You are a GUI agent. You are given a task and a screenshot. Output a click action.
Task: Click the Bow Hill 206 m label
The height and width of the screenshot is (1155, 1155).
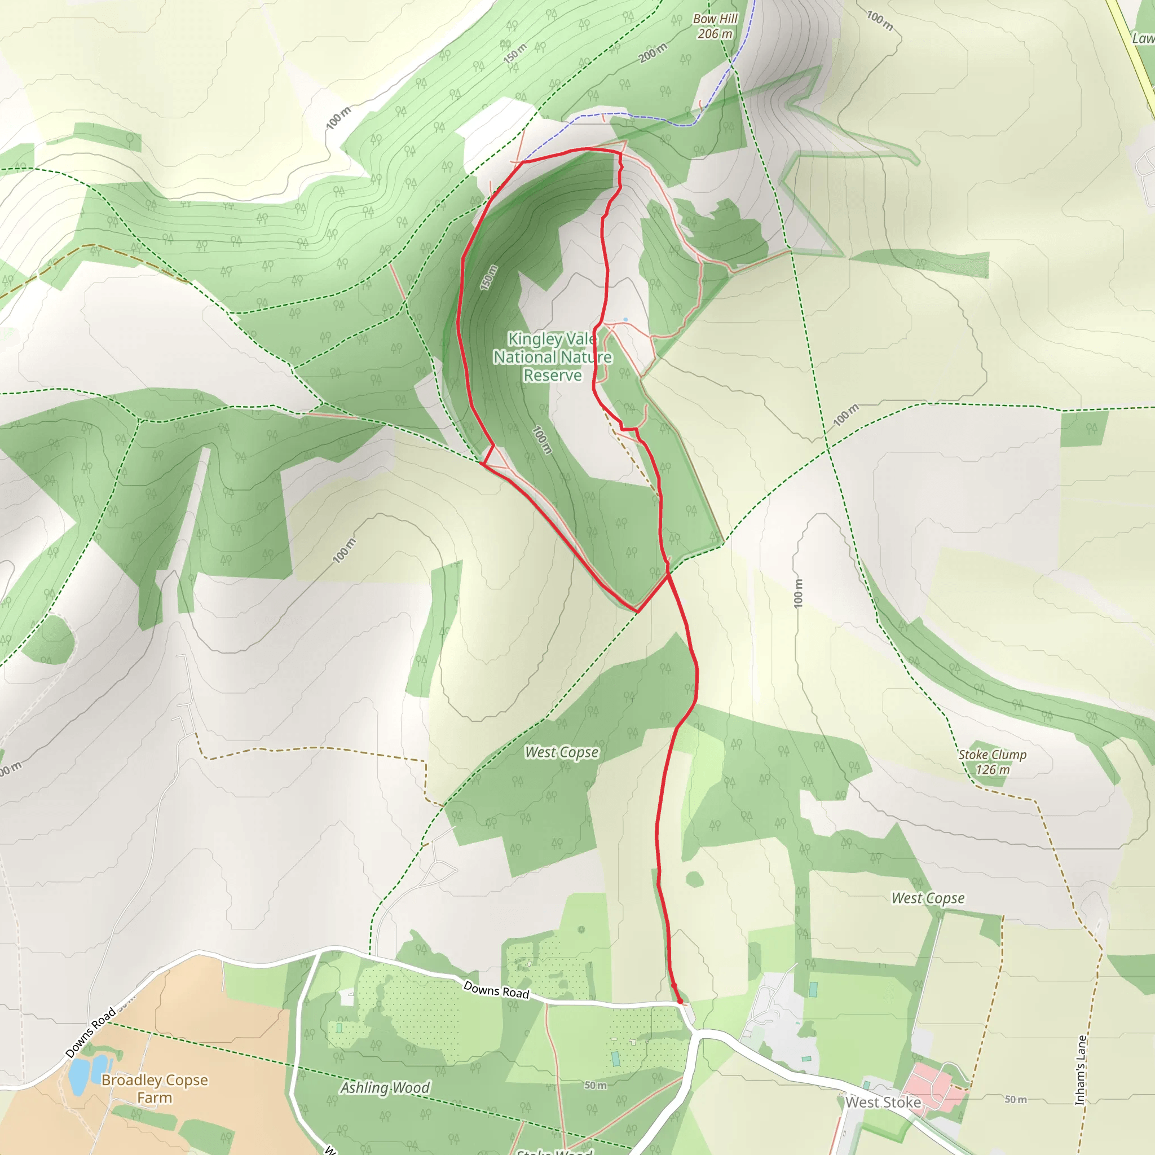[x=715, y=27]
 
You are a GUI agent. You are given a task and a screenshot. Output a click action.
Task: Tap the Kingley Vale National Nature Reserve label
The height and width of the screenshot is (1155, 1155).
[x=552, y=357]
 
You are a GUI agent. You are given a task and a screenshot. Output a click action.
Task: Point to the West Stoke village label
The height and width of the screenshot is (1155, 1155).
[x=883, y=1102]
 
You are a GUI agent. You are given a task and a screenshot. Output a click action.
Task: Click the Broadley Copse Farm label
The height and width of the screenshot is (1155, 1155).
[x=155, y=1088]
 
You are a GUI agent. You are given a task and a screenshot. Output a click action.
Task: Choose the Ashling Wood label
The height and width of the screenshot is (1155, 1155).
[x=385, y=1087]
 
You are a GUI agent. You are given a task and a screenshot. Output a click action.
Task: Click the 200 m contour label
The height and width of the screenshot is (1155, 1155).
[x=653, y=53]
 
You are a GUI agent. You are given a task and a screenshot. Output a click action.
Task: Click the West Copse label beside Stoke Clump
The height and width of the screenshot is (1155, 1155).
[x=928, y=898]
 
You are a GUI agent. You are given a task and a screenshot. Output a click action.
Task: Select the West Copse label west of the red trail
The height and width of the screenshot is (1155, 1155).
[x=561, y=752]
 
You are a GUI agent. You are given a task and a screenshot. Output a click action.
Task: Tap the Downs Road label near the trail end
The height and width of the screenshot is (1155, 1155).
[x=496, y=990]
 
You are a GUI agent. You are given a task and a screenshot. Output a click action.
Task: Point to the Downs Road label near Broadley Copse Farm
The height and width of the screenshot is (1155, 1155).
[x=91, y=1033]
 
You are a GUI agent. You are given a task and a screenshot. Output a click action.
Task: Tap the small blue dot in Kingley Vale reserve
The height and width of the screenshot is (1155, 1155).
[x=625, y=320]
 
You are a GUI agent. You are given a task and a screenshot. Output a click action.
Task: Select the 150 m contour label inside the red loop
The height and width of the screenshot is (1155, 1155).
[x=489, y=278]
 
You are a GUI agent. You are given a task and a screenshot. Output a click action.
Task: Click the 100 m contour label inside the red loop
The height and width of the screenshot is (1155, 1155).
[x=541, y=439]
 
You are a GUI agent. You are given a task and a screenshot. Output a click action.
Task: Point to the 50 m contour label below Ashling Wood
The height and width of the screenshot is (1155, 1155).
[x=596, y=1085]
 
